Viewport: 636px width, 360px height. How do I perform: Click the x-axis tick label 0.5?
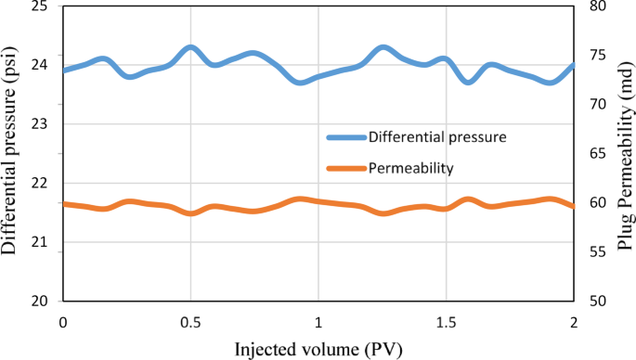tap(190, 321)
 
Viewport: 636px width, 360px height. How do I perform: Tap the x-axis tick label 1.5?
tap(447, 321)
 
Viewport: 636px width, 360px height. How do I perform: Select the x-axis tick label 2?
tap(574, 321)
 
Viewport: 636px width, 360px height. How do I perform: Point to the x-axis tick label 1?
tap(318, 321)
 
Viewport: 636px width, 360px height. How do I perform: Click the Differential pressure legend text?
tap(436, 137)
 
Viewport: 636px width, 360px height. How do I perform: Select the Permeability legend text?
tap(410, 168)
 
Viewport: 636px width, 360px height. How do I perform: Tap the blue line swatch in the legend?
tap(345, 137)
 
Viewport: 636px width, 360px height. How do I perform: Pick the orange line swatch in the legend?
tap(345, 168)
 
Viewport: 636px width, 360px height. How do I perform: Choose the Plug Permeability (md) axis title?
tap(622, 154)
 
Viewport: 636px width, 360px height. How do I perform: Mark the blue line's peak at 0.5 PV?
tap(190, 47)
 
